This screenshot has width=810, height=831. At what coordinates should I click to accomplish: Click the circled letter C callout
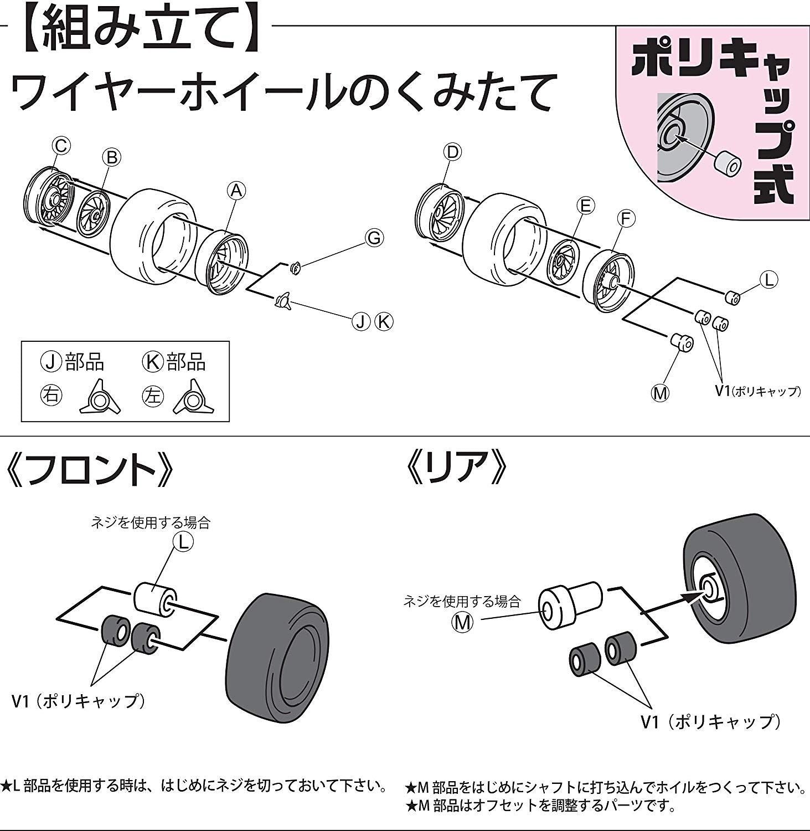(61, 146)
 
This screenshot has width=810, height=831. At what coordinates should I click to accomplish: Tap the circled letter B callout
(111, 157)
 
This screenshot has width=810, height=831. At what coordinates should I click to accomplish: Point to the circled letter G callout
(374, 238)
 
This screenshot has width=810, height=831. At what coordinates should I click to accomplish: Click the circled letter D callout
(452, 152)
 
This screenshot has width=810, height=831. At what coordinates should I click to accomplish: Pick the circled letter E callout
(585, 206)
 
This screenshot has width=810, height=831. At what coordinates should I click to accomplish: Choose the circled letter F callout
(626, 219)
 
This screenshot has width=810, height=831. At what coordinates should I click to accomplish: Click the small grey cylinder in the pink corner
(727, 165)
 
